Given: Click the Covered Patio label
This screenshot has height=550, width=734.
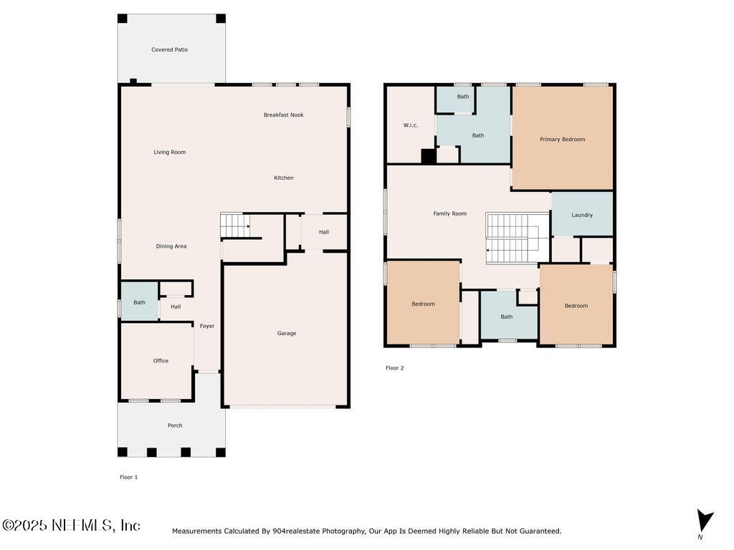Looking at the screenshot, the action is point(169,49).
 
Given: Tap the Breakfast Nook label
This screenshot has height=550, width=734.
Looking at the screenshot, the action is point(283,115).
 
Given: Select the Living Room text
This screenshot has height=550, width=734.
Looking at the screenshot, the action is point(169,152).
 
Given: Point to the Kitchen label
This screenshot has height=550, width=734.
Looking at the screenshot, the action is point(284,178).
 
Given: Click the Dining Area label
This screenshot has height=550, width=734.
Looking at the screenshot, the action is point(171,246).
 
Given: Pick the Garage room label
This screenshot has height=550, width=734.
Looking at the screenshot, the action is point(287,334).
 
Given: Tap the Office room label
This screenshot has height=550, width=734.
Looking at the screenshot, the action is point(161,361).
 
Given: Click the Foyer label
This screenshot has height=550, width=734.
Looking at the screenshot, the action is point(207,326).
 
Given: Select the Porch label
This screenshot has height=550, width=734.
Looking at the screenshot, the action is point(175,425).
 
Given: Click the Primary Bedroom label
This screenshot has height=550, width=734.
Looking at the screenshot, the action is point(562,140).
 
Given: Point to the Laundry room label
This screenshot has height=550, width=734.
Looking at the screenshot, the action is point(582,215).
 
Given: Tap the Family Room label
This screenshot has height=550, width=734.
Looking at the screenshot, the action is point(450,213).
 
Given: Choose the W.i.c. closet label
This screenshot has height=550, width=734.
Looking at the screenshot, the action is point(411,125).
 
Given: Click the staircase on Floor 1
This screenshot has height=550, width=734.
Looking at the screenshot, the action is point(235,226).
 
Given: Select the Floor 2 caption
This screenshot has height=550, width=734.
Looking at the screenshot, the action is point(395,368).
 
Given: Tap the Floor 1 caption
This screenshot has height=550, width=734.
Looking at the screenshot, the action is point(129,477).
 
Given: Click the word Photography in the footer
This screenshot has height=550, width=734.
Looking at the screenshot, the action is point(343,531).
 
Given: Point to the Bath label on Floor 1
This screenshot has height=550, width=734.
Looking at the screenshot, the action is point(140,303).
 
